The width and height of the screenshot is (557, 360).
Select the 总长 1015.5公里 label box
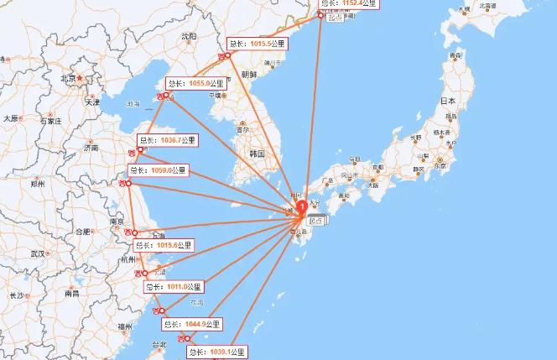[258, 44]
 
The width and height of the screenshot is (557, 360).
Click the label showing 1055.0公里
[196, 84]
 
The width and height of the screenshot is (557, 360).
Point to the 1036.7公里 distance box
[167, 140]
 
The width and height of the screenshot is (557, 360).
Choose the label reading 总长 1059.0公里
[157, 170]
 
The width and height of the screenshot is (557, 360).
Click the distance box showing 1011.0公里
[174, 287]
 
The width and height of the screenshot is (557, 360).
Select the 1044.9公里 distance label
[192, 323]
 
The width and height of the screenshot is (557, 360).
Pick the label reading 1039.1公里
[217, 352]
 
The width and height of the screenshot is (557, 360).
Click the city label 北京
[68, 79]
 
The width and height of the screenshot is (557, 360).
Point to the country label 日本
[448, 101]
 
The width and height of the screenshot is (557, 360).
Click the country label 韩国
[257, 154]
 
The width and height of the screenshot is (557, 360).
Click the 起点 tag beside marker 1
[317, 220]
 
